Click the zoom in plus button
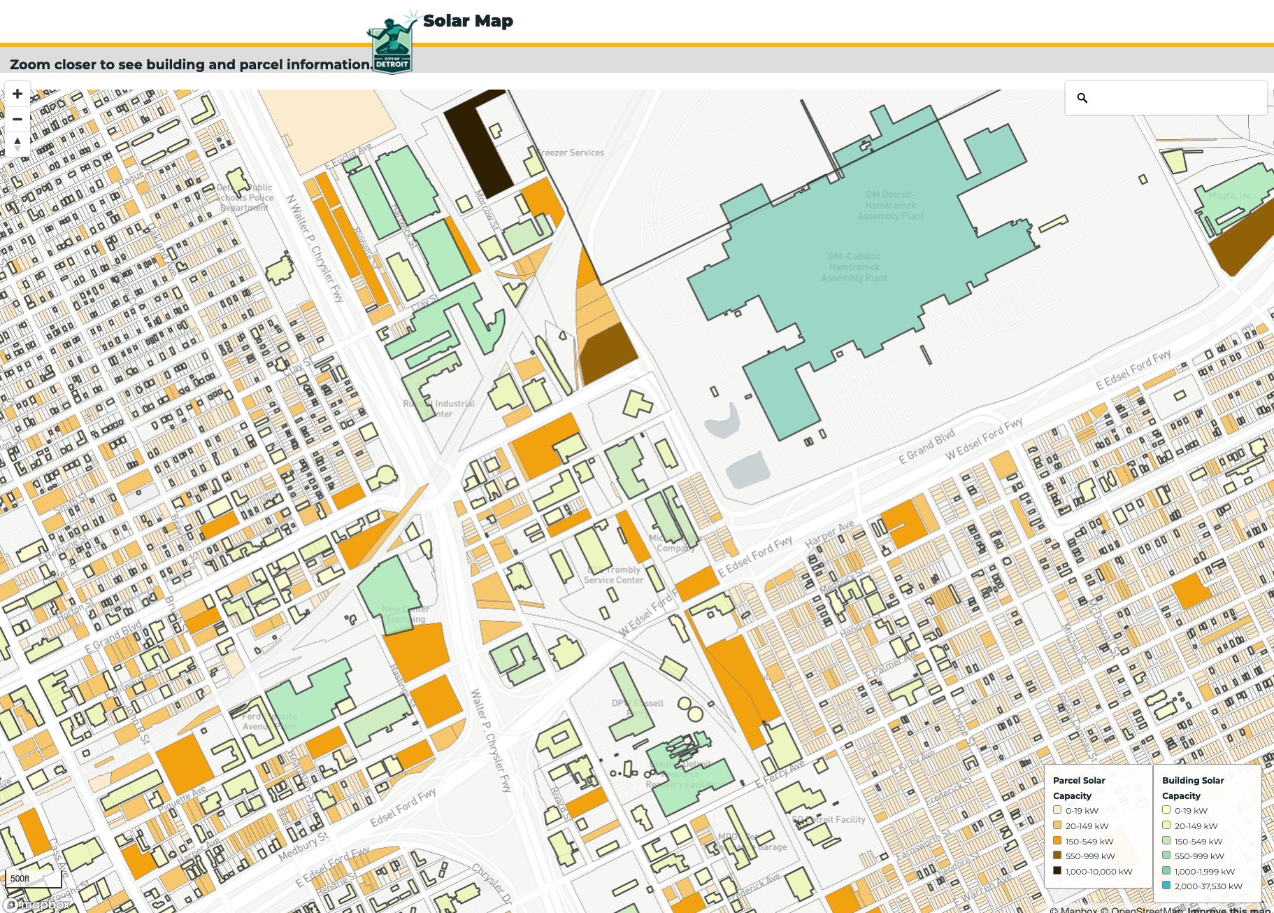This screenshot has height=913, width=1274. [x=17, y=94]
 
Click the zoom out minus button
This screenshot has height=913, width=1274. [x=17, y=119]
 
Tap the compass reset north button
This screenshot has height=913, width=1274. [x=17, y=144]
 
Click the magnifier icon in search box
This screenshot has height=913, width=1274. [x=1082, y=98]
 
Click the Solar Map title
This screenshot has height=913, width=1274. [x=468, y=21]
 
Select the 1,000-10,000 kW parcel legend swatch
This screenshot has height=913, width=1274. [x=1057, y=871]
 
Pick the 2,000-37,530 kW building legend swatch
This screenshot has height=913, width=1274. [x=1166, y=886]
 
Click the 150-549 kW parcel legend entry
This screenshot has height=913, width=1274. [x=1089, y=841]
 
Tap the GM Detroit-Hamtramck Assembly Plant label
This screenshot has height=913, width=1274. [x=890, y=206]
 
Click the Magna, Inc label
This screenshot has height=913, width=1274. [x=1230, y=196]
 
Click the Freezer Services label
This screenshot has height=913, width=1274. [x=572, y=153]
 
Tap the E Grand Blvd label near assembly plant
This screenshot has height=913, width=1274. [x=926, y=447]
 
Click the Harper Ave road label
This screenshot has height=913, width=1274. [x=829, y=534]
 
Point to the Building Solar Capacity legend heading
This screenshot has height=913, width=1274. [x=1192, y=788]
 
